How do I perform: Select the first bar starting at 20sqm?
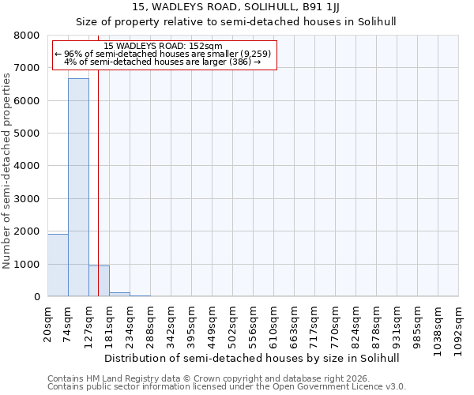click(58, 265)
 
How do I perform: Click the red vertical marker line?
click(98, 197)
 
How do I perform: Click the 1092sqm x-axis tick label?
click(459, 325)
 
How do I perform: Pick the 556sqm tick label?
click(254, 323)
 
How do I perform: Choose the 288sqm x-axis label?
click(151, 323)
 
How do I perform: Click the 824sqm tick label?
click(356, 323)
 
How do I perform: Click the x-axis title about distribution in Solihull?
click(251, 358)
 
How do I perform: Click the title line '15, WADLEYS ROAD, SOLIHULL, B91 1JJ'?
click(236, 8)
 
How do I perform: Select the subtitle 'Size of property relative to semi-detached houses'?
click(236, 21)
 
